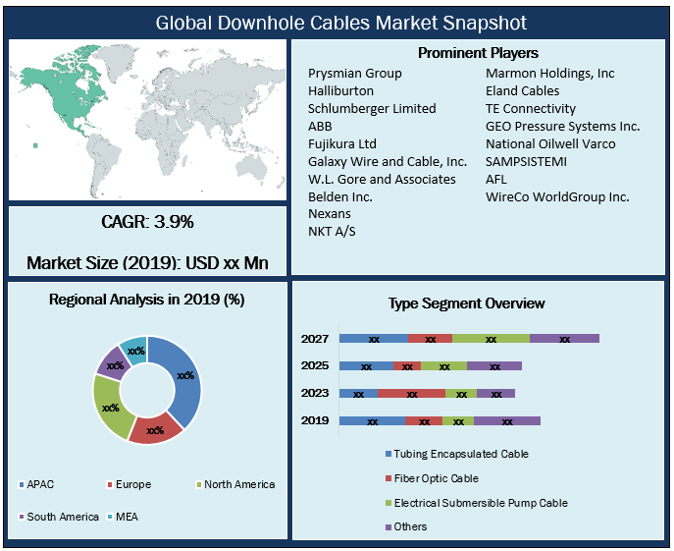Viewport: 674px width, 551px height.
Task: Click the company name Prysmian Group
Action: [354, 74]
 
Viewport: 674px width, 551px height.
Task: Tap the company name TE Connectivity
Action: [531, 109]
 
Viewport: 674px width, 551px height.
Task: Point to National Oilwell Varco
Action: [550, 144]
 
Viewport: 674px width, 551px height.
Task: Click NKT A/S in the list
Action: [334, 232]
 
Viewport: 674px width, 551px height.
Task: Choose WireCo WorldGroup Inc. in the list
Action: [557, 197]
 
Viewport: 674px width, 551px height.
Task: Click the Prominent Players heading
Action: [478, 52]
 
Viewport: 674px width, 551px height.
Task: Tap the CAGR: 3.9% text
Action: [147, 222]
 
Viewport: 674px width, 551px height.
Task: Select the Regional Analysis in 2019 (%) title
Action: [147, 300]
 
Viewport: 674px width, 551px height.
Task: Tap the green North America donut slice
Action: [111, 408]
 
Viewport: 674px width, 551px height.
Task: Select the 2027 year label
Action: [315, 339]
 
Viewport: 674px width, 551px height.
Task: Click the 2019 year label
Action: [315, 421]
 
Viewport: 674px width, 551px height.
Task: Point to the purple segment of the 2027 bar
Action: [564, 339]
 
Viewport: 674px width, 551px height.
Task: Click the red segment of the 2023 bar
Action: [411, 394]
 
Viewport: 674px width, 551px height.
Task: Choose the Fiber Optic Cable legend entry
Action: [436, 478]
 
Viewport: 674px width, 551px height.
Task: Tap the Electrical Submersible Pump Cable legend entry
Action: [480, 503]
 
